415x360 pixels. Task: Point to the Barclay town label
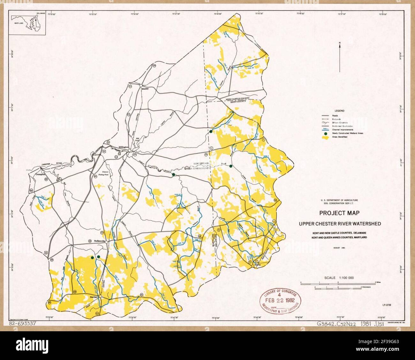93,296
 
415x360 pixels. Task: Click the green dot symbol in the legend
325,134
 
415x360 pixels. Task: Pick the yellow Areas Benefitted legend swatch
325,137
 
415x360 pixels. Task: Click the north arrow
340,57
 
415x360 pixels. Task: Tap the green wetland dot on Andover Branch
173,175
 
